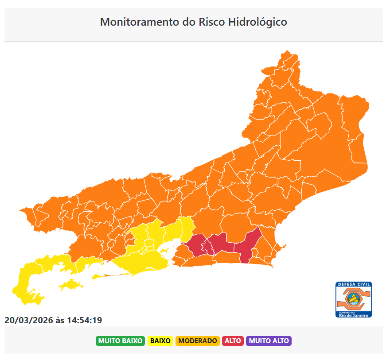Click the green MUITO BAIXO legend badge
(x=120, y=341)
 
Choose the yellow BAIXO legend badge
(x=160, y=341)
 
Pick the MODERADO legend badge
(x=198, y=341)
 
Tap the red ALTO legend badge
(x=233, y=341)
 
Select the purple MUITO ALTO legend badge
(x=269, y=341)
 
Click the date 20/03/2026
(x=28, y=320)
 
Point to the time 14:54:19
(x=85, y=320)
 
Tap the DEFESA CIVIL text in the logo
(x=354, y=284)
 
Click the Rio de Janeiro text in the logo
(x=354, y=315)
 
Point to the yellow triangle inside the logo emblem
(x=353, y=299)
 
